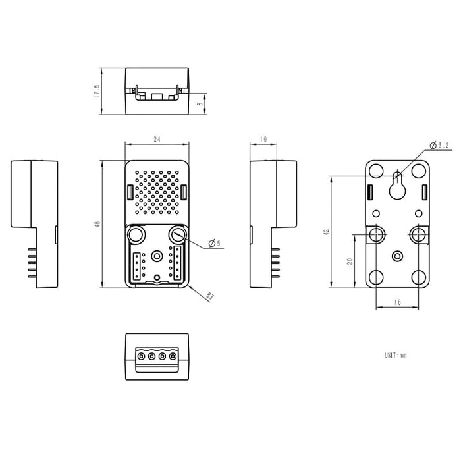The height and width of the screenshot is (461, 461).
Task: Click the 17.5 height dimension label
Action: pyautogui.click(x=97, y=91)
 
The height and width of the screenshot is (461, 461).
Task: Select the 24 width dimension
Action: pyautogui.click(x=157, y=139)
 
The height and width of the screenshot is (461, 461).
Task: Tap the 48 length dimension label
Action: pyautogui.click(x=97, y=224)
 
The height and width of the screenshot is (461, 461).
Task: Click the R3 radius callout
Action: pyautogui.click(x=210, y=296)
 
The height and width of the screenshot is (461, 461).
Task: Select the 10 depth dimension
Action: pyautogui.click(x=263, y=139)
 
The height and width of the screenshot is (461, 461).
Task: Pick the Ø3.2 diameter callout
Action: pyautogui.click(x=439, y=145)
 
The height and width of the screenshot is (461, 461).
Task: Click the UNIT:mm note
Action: pyautogui.click(x=396, y=355)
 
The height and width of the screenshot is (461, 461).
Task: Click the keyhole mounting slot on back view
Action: pyautogui.click(x=397, y=186)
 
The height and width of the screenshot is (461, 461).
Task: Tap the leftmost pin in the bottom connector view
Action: pyautogui.click(x=141, y=356)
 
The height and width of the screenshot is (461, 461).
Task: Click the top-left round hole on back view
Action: pyautogui.click(x=376, y=171)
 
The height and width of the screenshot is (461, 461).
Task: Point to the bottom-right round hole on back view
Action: pyautogui.click(x=419, y=278)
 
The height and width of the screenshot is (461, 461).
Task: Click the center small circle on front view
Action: pyautogui.click(x=157, y=256)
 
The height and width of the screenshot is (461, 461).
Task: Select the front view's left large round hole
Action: pyautogui.click(x=136, y=234)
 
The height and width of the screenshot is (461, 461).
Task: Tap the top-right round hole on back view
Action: pyautogui.click(x=419, y=171)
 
